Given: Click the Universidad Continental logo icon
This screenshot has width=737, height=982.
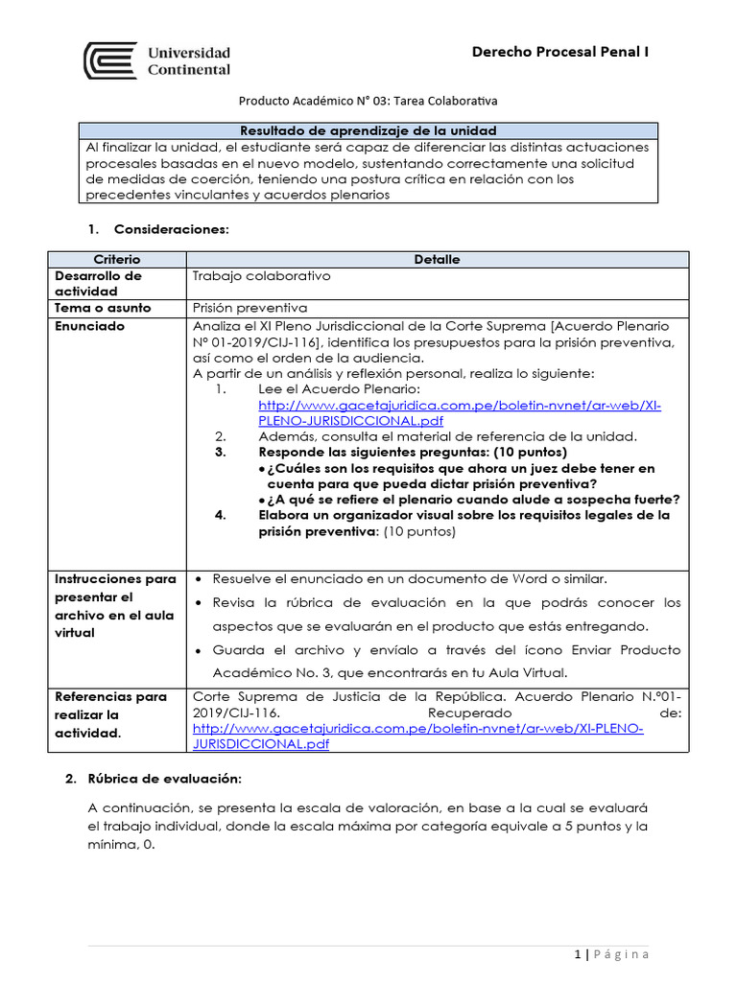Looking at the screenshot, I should (110, 60).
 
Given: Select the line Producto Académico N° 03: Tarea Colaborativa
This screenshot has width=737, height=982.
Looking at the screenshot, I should (368, 100).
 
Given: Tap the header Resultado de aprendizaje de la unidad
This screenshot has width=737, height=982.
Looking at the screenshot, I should (368, 130).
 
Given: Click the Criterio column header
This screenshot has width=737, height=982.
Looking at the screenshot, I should (116, 259).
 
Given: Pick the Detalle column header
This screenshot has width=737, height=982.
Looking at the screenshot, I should (437, 259).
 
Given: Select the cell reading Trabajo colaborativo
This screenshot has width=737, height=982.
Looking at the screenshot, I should (261, 275).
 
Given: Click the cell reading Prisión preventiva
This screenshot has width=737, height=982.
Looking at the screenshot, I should (250, 308).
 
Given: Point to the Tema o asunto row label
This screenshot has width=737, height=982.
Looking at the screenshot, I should (99, 308).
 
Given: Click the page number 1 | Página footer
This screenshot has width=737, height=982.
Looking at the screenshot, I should (611, 953).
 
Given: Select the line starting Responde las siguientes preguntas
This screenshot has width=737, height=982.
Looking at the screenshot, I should (413, 452).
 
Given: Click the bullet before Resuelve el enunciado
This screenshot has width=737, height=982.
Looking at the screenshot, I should (198, 579).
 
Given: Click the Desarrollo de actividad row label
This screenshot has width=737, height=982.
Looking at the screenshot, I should (98, 283).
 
